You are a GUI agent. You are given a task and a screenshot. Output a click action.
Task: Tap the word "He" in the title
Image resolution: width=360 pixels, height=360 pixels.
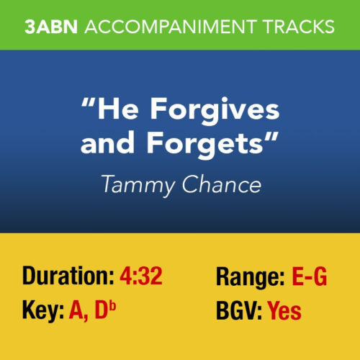pyautogui.click(x=113, y=114)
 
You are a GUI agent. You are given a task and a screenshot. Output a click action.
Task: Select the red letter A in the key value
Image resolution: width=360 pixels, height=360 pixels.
pyautogui.click(x=77, y=311)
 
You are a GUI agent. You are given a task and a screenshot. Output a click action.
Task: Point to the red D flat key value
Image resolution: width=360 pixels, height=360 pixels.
pyautogui.click(x=107, y=311)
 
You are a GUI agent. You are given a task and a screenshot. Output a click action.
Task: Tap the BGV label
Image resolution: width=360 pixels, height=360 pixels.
pyautogui.click(x=239, y=311)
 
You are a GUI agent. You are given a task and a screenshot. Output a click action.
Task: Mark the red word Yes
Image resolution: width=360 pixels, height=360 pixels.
pyautogui.click(x=284, y=311)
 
